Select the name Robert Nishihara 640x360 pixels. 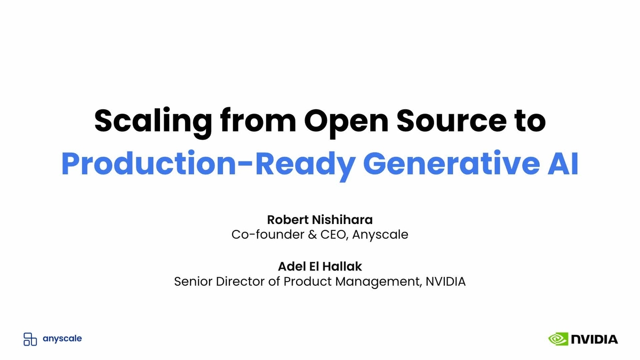point(320,220)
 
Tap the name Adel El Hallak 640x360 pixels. point(320,266)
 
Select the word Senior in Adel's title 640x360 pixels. point(193,281)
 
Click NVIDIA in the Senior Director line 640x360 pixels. point(445,281)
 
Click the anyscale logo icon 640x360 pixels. point(30,339)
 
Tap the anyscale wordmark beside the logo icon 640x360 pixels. point(62,339)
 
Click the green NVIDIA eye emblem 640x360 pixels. point(558,339)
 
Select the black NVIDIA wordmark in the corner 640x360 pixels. point(594,339)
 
